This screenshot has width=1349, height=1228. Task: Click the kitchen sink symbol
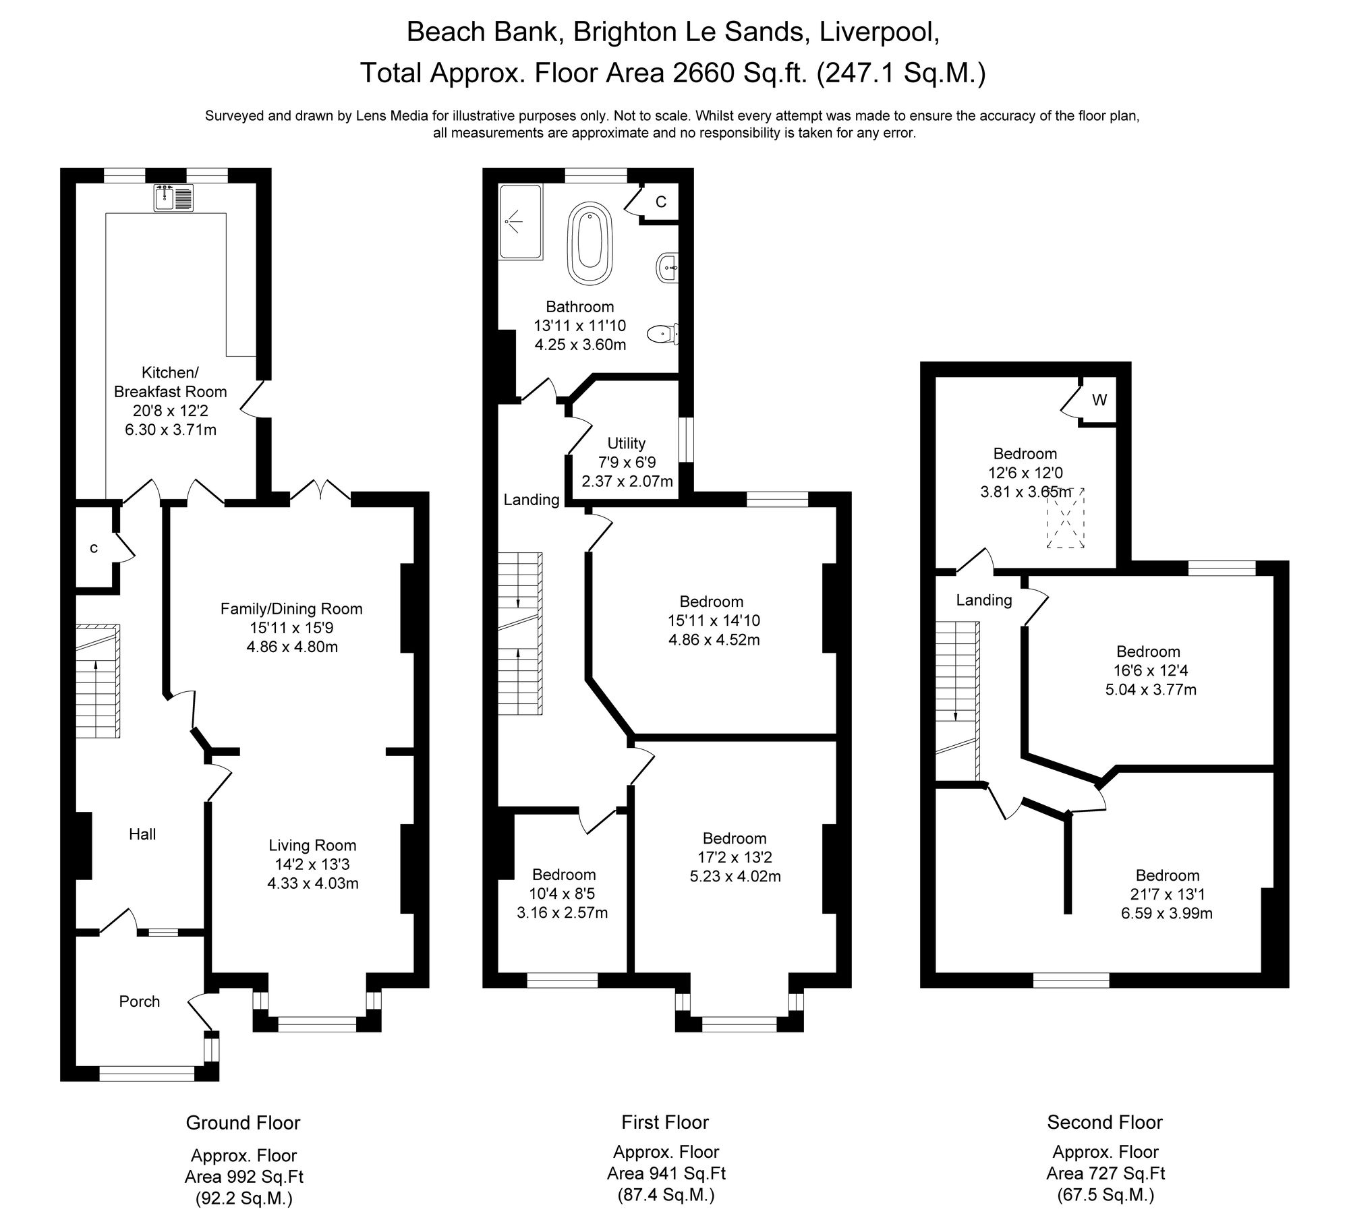[174, 198]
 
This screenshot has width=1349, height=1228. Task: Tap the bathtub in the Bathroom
[592, 243]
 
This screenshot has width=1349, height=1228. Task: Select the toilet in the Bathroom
[662, 333]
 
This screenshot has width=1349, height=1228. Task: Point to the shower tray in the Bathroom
[520, 222]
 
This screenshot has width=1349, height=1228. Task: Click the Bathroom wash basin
[666, 268]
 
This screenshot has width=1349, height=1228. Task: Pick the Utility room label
[626, 443]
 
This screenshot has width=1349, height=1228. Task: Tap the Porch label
[140, 1001]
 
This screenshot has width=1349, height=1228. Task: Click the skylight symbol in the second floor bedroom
[1065, 518]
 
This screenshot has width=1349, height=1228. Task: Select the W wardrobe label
[1099, 400]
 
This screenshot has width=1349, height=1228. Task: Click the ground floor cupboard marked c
[94, 548]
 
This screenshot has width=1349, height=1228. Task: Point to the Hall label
[142, 834]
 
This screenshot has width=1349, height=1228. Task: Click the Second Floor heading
[1105, 1122]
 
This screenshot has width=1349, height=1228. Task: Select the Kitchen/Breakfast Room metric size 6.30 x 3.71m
[171, 430]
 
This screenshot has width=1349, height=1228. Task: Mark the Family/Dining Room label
[291, 609]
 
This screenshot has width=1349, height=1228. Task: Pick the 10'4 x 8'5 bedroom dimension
[563, 894]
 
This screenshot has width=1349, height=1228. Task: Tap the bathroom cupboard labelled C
[661, 202]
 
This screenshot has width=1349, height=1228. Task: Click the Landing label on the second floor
[984, 600]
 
